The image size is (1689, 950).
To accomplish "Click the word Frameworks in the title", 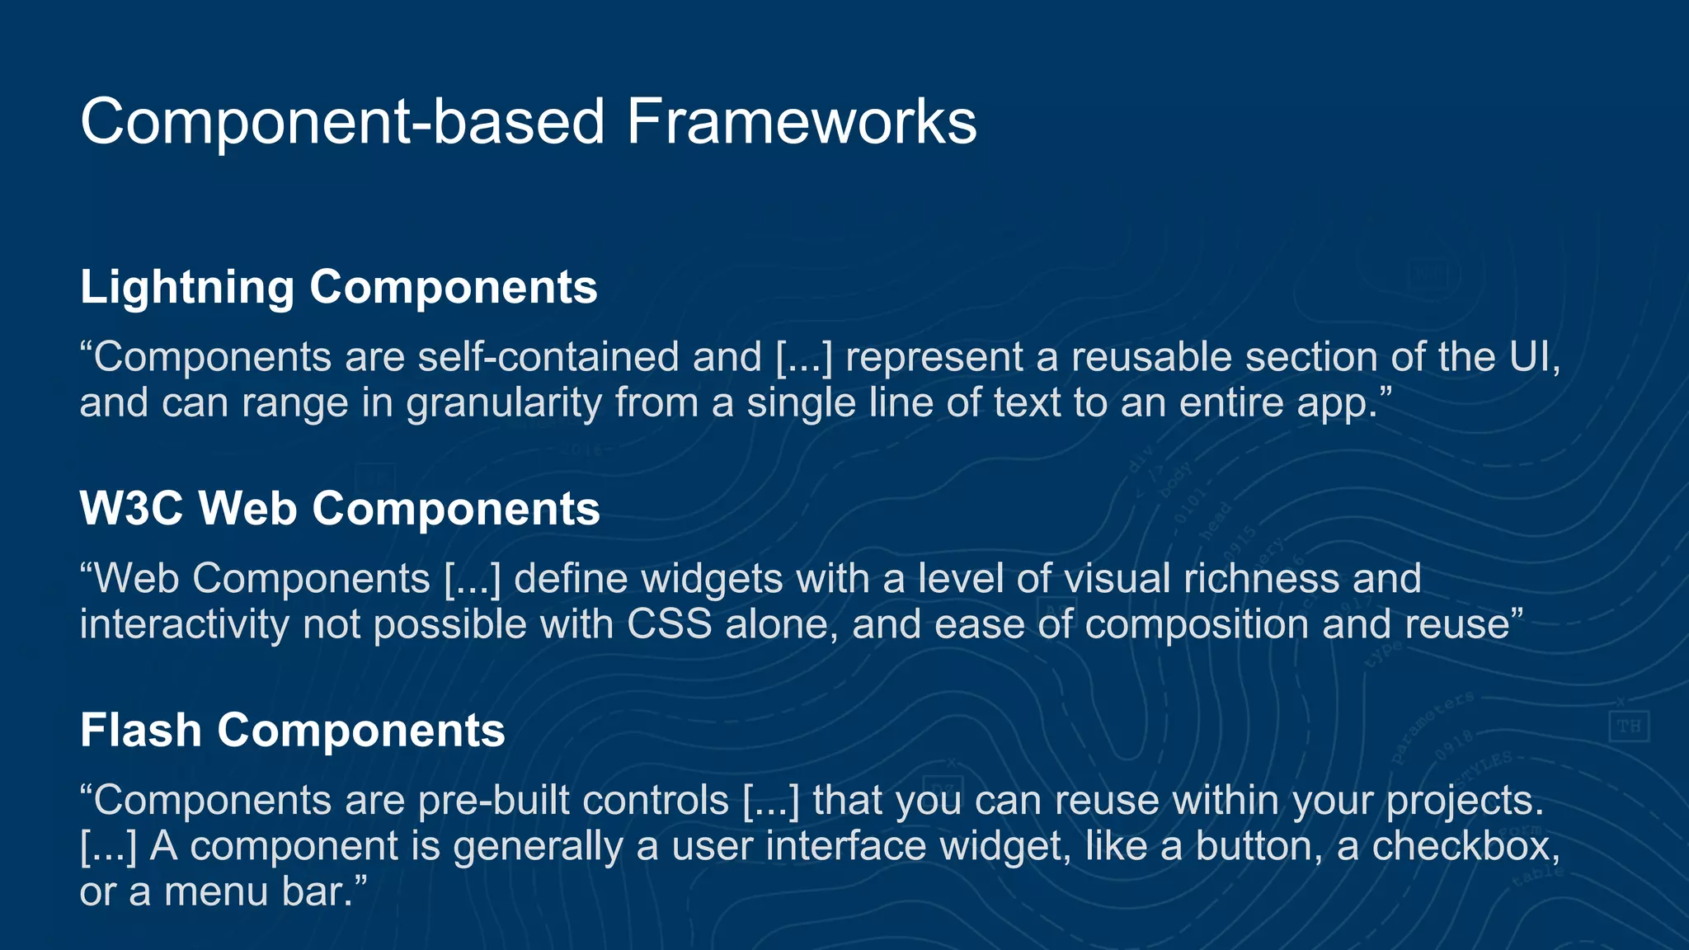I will [x=801, y=122].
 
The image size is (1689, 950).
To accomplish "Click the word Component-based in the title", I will [x=343, y=122].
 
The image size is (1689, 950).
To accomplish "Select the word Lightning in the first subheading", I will [x=187, y=287].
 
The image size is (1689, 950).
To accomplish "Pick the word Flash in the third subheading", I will [x=141, y=731].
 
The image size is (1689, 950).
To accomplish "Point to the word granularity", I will [x=504, y=403].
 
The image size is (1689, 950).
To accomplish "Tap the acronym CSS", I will [x=670, y=624].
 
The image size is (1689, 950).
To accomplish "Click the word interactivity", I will [x=184, y=624].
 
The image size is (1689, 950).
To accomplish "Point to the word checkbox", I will [x=1463, y=846].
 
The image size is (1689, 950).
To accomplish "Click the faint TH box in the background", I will [x=1629, y=727].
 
